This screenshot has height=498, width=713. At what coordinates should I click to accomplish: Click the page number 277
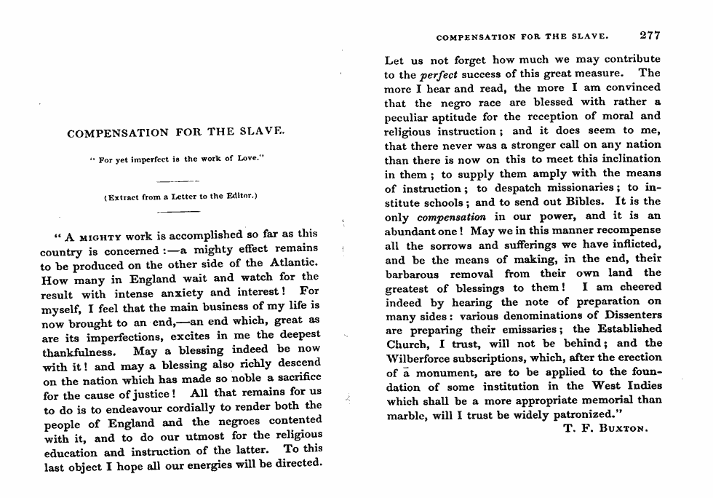click(649, 34)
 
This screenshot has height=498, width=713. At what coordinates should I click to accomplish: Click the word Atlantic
click(289, 263)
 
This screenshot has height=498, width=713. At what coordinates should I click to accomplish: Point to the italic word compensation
click(450, 216)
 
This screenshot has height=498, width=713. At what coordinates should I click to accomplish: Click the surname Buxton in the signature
click(623, 429)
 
